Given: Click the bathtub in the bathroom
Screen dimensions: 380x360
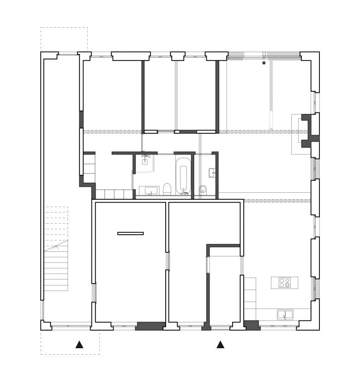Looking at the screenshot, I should click(183, 175).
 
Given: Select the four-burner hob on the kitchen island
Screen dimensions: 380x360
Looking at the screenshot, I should click(284, 283).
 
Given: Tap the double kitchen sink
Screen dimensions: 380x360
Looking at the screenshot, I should click(285, 315).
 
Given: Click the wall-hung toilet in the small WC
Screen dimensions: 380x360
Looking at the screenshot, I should click(203, 190).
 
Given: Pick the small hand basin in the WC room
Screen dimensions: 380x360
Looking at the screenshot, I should click(212, 172).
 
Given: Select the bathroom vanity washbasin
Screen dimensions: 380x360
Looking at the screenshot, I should click(151, 190).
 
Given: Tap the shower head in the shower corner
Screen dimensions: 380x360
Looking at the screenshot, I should click(144, 157).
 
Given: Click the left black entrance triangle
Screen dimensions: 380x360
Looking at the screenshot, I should click(80, 344).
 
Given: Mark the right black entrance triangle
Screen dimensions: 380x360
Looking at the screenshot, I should click(221, 344).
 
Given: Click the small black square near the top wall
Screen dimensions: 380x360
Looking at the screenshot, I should click(264, 62).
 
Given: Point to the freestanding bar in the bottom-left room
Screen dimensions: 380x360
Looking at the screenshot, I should click(131, 233).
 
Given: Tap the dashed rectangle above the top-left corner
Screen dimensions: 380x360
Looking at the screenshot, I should click(64, 39).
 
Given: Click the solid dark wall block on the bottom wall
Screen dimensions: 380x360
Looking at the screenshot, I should click(150, 326).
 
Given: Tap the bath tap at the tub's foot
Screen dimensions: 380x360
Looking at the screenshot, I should click(183, 189).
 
